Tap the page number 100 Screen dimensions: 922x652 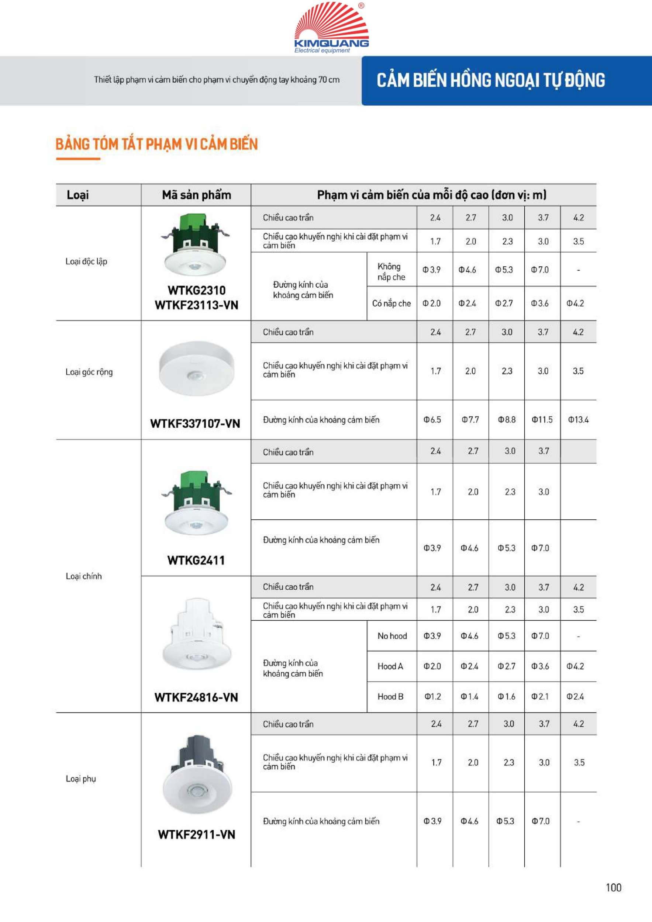613,887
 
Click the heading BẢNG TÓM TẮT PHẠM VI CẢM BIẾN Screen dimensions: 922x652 156,144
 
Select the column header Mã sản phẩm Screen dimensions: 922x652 196,195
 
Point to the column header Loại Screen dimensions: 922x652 77,195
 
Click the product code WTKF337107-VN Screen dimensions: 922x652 195,423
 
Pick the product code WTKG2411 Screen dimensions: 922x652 196,560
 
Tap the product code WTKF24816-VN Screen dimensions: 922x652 196,697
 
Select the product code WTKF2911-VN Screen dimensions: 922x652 196,834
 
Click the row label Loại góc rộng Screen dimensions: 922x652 89,372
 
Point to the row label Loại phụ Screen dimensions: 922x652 81,779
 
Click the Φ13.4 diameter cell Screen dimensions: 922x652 578,420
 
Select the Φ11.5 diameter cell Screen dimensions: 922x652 542,420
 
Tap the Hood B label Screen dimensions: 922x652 390,696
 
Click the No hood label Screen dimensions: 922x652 392,636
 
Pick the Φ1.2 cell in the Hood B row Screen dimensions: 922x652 433,696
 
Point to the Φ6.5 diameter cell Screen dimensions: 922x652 432,420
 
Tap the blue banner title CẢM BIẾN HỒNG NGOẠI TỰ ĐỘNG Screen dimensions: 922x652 490,80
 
